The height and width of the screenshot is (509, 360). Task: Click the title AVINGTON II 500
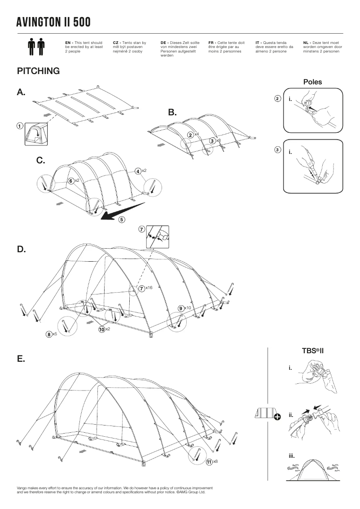(53, 22)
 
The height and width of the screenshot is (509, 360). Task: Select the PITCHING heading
(38, 71)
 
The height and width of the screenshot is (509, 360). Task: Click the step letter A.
(21, 92)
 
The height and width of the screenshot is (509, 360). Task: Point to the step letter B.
(173, 112)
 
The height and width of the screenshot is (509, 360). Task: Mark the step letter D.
(21, 249)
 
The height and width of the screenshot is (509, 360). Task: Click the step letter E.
(21, 359)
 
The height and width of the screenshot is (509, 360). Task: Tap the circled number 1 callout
(20, 126)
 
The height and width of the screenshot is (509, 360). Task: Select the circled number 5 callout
(122, 219)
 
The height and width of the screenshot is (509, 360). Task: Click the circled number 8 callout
(48, 334)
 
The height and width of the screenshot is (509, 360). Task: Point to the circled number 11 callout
(209, 461)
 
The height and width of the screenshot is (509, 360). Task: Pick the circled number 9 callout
(180, 308)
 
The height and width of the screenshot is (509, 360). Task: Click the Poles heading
(312, 82)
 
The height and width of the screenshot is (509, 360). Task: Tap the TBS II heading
(313, 351)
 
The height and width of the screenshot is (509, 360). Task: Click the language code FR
(211, 43)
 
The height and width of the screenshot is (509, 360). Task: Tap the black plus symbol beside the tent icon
(277, 417)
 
